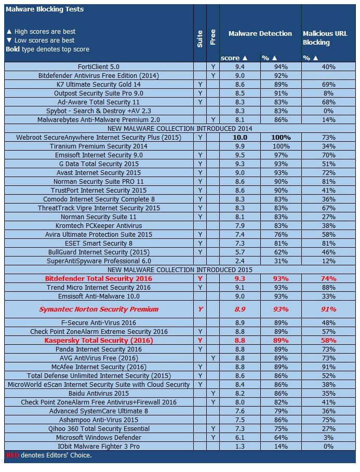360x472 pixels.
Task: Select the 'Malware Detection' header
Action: point(260,33)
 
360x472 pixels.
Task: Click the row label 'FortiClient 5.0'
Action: point(98,66)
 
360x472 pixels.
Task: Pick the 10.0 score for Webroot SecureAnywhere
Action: point(239,137)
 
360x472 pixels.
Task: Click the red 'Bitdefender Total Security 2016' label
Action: point(98,279)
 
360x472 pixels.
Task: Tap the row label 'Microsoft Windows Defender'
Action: point(98,438)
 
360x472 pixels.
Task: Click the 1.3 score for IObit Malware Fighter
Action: point(239,447)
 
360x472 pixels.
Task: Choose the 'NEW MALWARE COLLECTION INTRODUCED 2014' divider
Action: point(180,128)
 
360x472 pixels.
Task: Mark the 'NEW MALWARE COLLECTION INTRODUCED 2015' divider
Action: point(180,270)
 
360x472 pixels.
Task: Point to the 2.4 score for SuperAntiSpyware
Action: point(239,261)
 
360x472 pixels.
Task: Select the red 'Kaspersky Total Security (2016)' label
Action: point(98,340)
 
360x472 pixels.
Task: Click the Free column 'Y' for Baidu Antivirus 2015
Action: point(212,394)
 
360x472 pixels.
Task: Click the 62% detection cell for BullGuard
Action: point(281,252)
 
